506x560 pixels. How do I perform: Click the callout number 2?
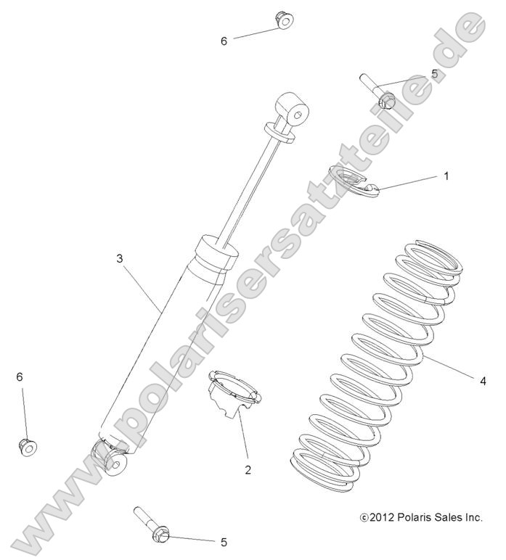pyautogui.click(x=248, y=469)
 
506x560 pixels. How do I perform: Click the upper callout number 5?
pyautogui.click(x=434, y=73)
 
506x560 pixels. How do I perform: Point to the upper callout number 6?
pyautogui.click(x=224, y=41)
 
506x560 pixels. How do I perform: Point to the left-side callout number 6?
pyautogui.click(x=20, y=376)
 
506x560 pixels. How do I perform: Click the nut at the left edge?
pyautogui.click(x=28, y=446)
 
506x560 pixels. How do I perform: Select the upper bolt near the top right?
pyautogui.click(x=378, y=92)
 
